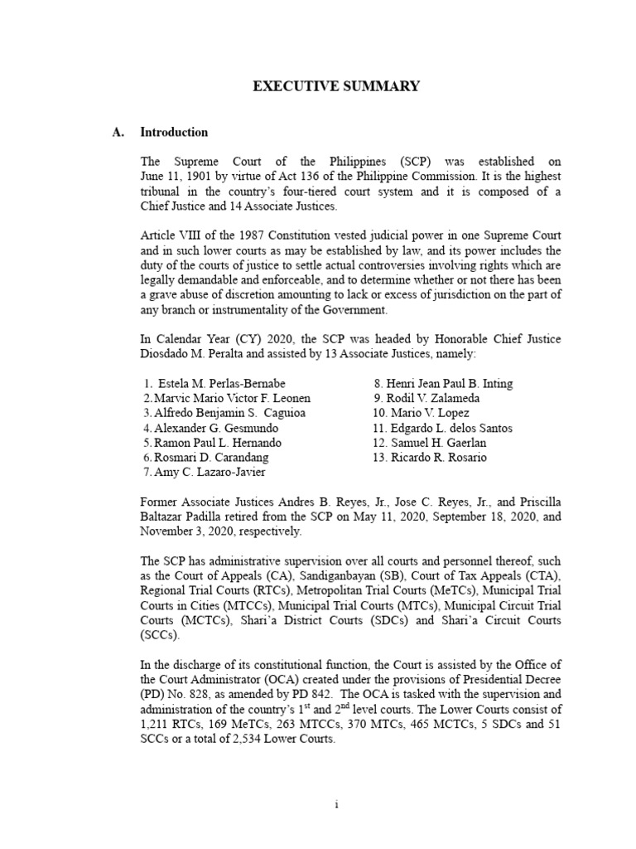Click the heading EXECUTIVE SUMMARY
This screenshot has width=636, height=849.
(x=318, y=86)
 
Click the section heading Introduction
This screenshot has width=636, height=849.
(x=174, y=132)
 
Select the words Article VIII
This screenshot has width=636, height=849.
(x=168, y=236)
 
